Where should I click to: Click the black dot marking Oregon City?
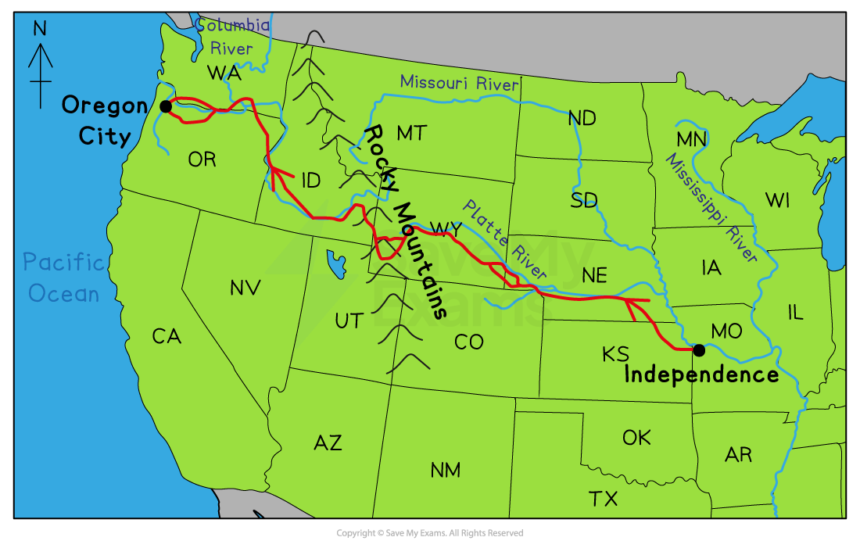pyautogui.click(x=165, y=106)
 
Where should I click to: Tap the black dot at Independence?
pyautogui.click(x=699, y=349)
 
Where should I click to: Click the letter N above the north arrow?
pyautogui.click(x=40, y=30)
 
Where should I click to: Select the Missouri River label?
pyautogui.click(x=459, y=83)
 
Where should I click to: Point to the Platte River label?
pyautogui.click(x=503, y=239)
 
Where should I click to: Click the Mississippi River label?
pyautogui.click(x=711, y=207)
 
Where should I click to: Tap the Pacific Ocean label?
pyautogui.click(x=63, y=278)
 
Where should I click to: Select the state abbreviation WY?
pyautogui.click(x=446, y=229)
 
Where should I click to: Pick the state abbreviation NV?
pyautogui.click(x=245, y=288)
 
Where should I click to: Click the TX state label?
pyautogui.click(x=603, y=498)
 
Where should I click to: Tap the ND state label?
pyautogui.click(x=582, y=118)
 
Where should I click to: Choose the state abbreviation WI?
pyautogui.click(x=777, y=200)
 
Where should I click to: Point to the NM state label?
pyautogui.click(x=445, y=470)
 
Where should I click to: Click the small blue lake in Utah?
pyautogui.click(x=337, y=263)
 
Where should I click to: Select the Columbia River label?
pyautogui.click(x=232, y=37)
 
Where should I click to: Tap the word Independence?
pyautogui.click(x=701, y=375)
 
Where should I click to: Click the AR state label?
pyautogui.click(x=738, y=454)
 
